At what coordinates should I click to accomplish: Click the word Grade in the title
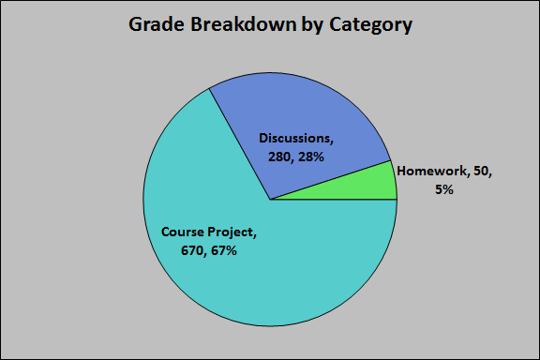[x=155, y=25]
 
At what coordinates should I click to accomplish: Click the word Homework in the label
[x=434, y=172]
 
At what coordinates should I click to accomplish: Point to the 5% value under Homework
[x=443, y=188]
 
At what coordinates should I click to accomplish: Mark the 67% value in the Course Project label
[x=224, y=250]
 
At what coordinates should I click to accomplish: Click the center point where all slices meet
[x=270, y=200]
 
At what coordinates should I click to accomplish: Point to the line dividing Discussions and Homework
[x=330, y=180]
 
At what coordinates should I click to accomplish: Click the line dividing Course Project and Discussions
[x=239, y=143]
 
